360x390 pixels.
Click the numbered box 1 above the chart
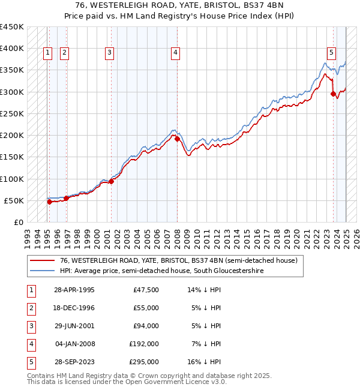[47, 53]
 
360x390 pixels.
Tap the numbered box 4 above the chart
[175, 53]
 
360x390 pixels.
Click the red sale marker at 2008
[177, 139]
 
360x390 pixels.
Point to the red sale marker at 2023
[333, 94]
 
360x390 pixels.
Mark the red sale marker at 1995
[49, 202]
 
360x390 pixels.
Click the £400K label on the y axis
[11, 49]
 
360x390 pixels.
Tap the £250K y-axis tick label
[11, 113]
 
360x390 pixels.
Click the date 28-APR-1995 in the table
[74, 290]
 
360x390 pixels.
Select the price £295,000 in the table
[145, 362]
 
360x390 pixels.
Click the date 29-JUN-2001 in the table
[74, 326]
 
